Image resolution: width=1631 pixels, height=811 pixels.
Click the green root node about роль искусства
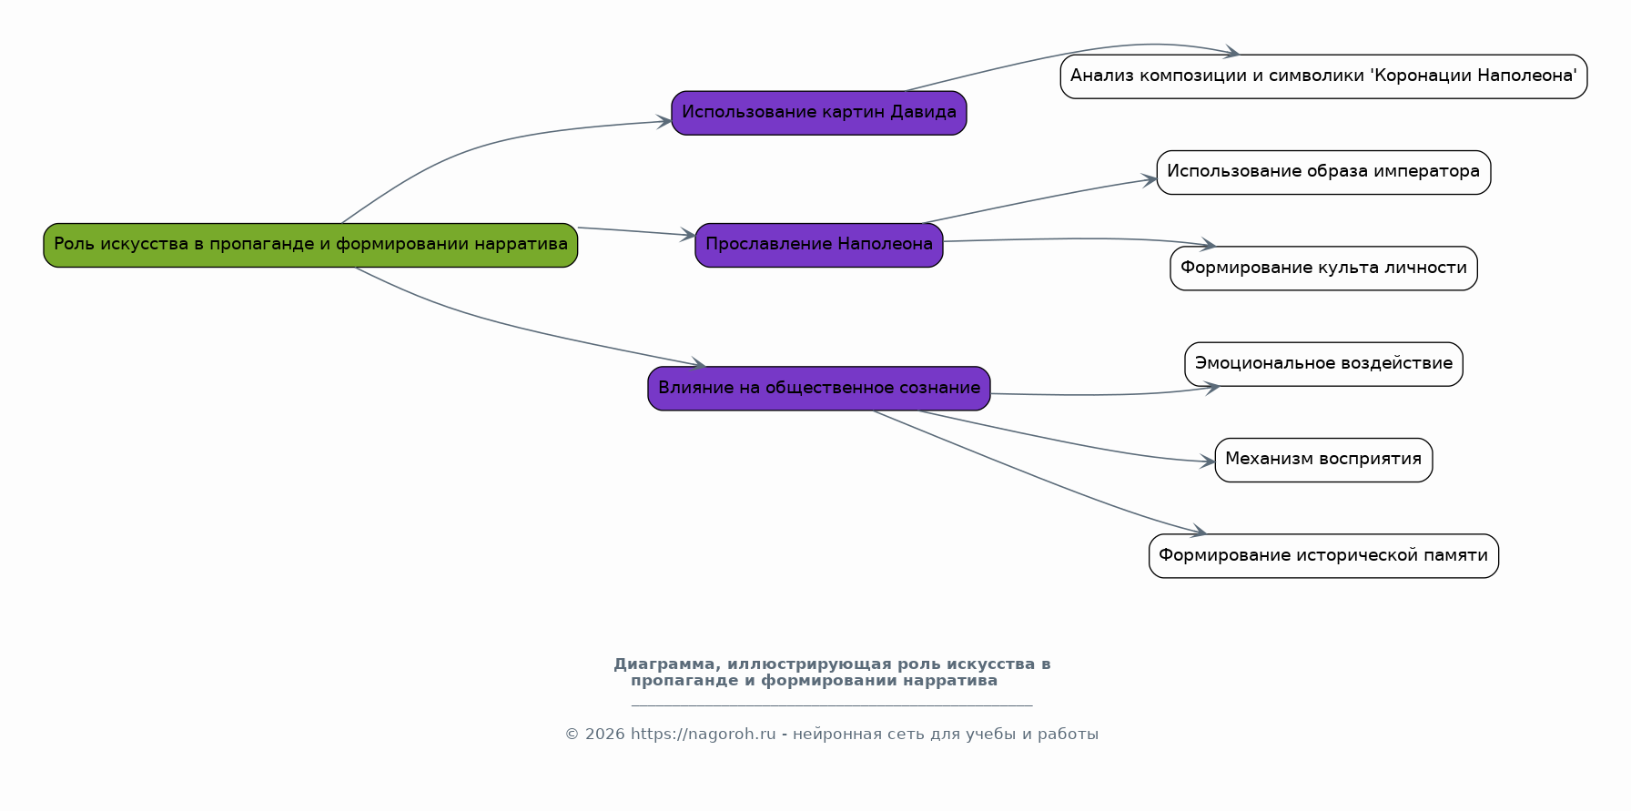[x=310, y=245]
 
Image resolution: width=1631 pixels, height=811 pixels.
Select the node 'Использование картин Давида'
[x=819, y=113]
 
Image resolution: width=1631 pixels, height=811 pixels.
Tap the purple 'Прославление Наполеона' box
[x=819, y=245]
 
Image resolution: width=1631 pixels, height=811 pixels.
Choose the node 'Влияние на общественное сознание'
[x=819, y=389]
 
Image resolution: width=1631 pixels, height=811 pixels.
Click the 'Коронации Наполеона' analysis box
[x=1323, y=76]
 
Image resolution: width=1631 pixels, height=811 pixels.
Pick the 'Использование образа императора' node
[x=1323, y=172]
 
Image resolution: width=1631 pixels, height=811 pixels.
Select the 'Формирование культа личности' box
[x=1323, y=269]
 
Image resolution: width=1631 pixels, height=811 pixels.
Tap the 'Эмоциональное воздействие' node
[x=1323, y=364]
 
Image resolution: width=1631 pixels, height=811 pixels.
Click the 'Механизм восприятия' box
[x=1323, y=460]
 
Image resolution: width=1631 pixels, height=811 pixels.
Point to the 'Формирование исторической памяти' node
[x=1323, y=556]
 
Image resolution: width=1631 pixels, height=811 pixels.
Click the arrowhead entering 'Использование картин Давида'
[x=664, y=122]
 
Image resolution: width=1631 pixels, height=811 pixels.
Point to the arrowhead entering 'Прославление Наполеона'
[x=688, y=235]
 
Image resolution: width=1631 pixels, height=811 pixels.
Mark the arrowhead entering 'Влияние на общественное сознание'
[x=698, y=364]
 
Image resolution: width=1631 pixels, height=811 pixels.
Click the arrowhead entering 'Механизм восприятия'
[x=1208, y=461]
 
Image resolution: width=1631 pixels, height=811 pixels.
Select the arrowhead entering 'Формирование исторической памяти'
[x=1199, y=532]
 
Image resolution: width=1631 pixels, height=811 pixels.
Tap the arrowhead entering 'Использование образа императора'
[x=1150, y=179]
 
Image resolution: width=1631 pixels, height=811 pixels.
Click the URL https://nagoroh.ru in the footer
[x=704, y=735]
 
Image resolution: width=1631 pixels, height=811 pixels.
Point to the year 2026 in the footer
[x=605, y=735]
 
